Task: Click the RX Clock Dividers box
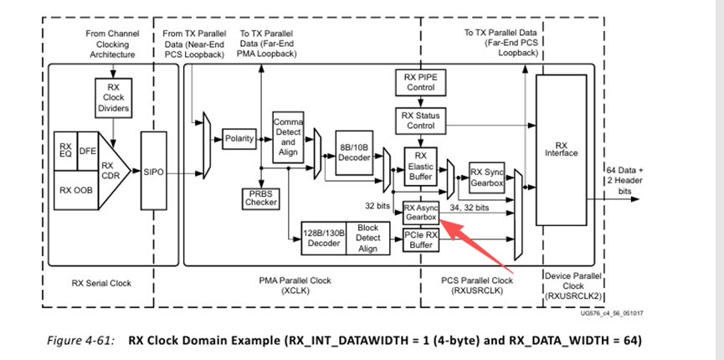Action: [x=115, y=97]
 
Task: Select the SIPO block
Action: [x=154, y=172]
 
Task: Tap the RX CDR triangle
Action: [x=110, y=171]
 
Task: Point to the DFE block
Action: [x=88, y=151]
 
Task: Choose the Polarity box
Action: [x=239, y=138]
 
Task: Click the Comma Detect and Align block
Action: [x=288, y=137]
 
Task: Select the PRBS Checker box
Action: [x=261, y=198]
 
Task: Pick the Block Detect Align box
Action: [x=367, y=237]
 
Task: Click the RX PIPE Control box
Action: [x=420, y=82]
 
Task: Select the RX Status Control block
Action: [x=420, y=120]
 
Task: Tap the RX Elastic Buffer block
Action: [x=420, y=166]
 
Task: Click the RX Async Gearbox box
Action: [x=420, y=211]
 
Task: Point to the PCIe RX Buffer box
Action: [x=420, y=239]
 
